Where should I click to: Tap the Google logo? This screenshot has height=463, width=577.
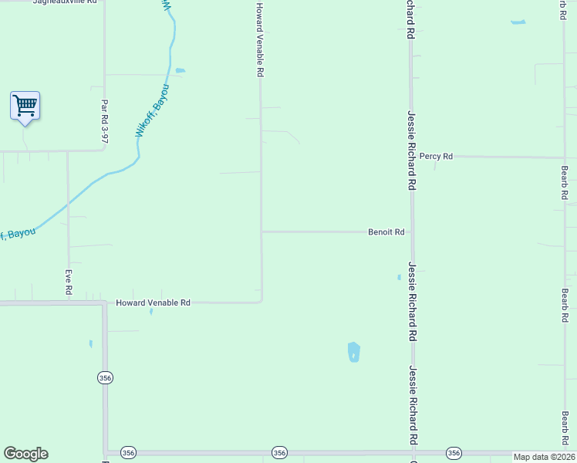pos(25,454)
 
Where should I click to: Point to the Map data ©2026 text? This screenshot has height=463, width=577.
pos(544,457)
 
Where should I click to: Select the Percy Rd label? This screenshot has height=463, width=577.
pos(436,156)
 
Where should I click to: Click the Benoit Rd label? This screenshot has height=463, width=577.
pos(386,231)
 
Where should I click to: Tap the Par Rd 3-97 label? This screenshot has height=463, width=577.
pos(104,121)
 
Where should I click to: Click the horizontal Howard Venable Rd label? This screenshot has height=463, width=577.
pos(153,303)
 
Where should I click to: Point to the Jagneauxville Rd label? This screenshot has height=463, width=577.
pos(65,2)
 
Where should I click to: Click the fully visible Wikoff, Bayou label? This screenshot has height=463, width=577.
pos(152,112)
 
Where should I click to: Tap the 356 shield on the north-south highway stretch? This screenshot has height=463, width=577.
pos(105,377)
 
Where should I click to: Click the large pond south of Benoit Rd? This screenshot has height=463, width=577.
pos(353,352)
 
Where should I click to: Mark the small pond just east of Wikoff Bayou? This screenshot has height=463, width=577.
pos(180,71)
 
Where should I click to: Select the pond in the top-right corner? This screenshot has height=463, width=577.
pos(518,22)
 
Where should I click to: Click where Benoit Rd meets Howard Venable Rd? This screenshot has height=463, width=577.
pos(262,231)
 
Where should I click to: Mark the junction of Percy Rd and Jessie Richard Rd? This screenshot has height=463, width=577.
pos(411,156)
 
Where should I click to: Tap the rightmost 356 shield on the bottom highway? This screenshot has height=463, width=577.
pos(454,453)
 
